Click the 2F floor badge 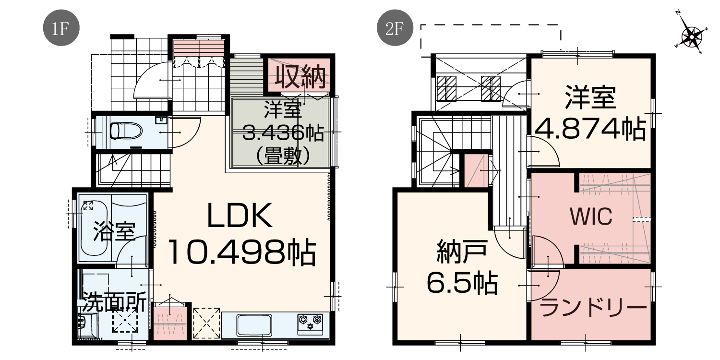395,28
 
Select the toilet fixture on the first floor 126,132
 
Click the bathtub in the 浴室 94,228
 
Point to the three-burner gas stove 310,324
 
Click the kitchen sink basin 254,325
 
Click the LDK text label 240,216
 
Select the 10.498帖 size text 242,252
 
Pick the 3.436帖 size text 283,132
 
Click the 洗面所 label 114,302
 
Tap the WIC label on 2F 591,216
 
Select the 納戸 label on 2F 462,252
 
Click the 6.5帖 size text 462,283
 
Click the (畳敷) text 283,156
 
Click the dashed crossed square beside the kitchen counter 206,323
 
